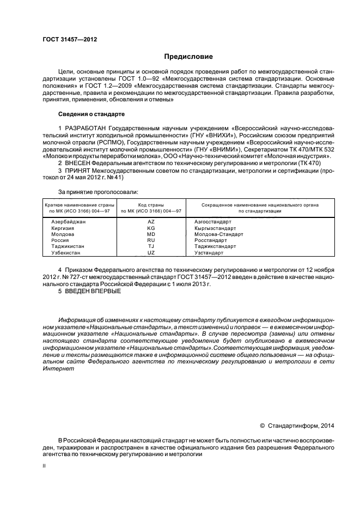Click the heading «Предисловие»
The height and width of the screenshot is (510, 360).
pyautogui.click(x=189, y=57)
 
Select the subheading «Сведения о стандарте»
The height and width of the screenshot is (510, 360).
pyautogui.click(x=91, y=114)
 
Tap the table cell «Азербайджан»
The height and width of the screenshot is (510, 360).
pyautogui.click(x=68, y=222)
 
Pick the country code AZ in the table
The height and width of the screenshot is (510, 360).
pyautogui.click(x=151, y=222)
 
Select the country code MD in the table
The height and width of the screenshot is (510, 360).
pyautogui.click(x=151, y=234)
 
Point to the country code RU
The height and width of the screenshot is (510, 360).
pyautogui.click(x=151, y=240)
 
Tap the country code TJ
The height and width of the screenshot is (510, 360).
pyautogui.click(x=151, y=246)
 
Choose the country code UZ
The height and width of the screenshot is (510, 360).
pyautogui.click(x=151, y=253)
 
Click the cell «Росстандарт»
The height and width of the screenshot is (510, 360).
pyautogui.click(x=209, y=240)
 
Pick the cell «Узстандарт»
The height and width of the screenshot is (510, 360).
pyautogui.click(x=209, y=253)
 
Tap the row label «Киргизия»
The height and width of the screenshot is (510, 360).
pyautogui.click(x=62, y=228)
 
